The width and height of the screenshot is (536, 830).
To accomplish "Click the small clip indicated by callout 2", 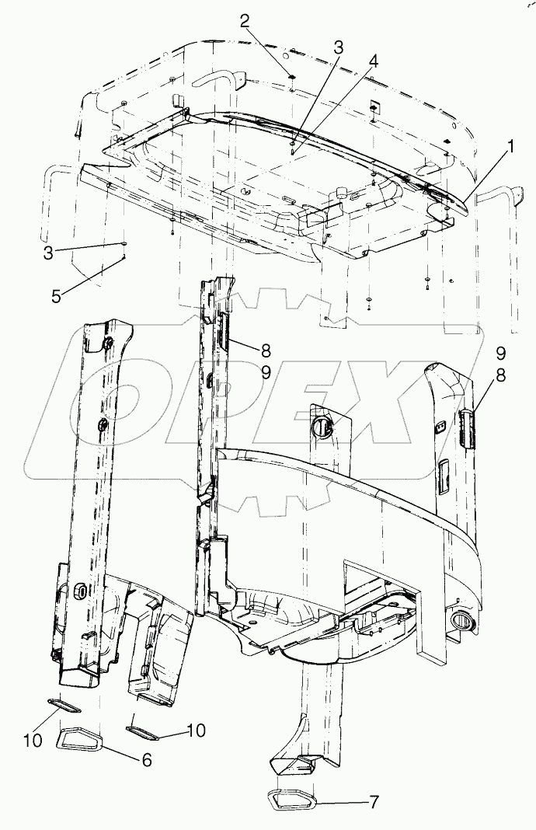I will (290, 76).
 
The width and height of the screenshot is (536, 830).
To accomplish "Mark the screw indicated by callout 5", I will (124, 257).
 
